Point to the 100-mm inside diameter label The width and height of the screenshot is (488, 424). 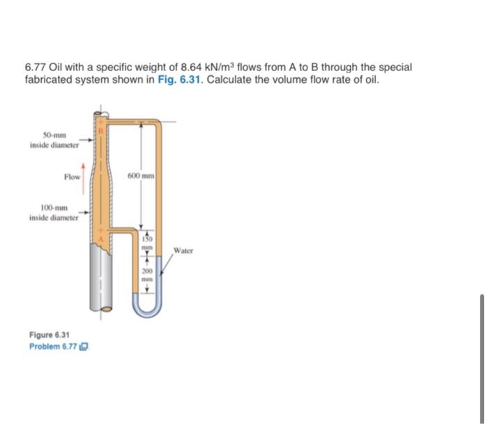(54, 213)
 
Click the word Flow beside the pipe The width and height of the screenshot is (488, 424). (72, 177)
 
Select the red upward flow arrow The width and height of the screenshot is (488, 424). (84, 176)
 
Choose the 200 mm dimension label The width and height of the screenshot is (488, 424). (148, 273)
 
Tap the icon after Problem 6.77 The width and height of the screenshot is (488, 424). (88, 346)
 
